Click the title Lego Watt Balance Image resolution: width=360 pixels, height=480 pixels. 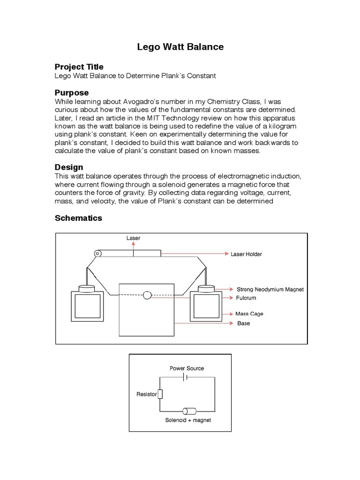[180, 47]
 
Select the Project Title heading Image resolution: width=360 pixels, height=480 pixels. [79, 67]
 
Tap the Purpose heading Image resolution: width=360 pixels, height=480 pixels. [71, 93]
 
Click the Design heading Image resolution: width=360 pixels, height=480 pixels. [69, 167]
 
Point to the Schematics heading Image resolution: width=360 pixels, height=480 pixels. [78, 218]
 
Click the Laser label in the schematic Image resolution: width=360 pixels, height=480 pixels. [133, 238]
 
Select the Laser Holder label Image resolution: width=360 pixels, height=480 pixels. [246, 254]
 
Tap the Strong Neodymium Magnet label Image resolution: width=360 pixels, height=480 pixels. [270, 289]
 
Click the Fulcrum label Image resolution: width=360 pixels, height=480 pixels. [246, 298]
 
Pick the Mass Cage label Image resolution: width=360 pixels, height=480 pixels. [250, 314]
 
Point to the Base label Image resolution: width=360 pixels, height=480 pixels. [243, 323]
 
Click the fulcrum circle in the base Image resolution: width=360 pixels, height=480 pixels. [147, 295]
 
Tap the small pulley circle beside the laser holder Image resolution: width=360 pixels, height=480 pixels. [97, 254]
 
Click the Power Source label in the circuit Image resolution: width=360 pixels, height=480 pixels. [187, 368]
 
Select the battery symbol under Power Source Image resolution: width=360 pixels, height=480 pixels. [187, 377]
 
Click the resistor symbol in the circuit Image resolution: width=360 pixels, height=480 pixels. [160, 394]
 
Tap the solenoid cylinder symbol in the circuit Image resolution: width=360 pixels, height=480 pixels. [189, 411]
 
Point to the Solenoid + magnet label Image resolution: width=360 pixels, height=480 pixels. [187, 420]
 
